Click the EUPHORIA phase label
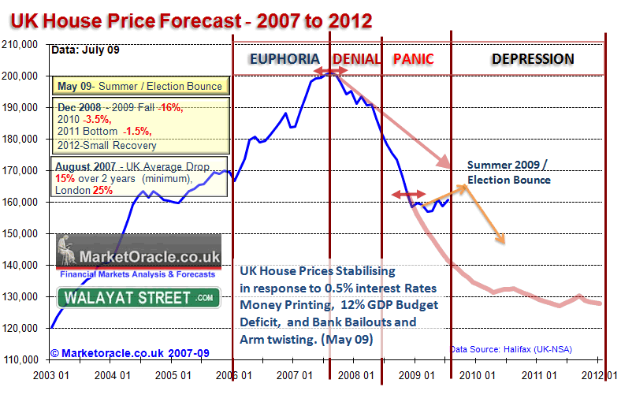[x=284, y=59]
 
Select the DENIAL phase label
[x=357, y=59]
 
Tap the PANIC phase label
[x=413, y=59]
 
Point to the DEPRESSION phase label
[x=533, y=59]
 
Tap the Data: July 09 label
[x=85, y=50]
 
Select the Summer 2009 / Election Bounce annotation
[x=508, y=172]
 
